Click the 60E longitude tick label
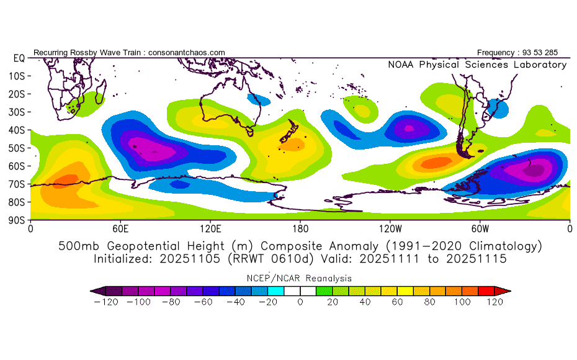(120, 228)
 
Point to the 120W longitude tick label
(390, 228)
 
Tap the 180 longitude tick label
(300, 228)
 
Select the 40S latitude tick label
(17, 130)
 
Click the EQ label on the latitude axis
(19, 58)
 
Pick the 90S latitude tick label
(17, 220)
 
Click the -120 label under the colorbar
(106, 302)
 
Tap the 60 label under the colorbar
(398, 302)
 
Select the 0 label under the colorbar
(300, 302)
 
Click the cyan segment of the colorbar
(276, 291)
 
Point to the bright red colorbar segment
(486, 291)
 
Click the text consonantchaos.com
(187, 53)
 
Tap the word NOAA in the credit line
(401, 65)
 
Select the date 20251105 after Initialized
(190, 259)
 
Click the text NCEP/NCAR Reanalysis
(299, 278)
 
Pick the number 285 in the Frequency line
(551, 53)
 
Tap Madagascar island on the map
(101, 92)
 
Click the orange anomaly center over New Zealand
(291, 145)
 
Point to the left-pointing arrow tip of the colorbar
(91, 291)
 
